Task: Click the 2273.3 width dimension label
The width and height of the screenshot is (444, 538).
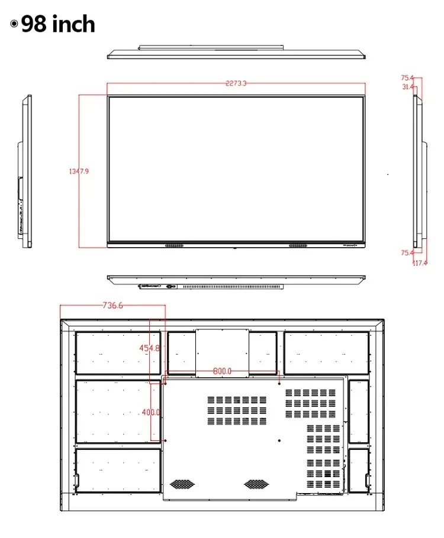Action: [x=236, y=83]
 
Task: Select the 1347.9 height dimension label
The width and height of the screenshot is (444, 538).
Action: [x=79, y=171]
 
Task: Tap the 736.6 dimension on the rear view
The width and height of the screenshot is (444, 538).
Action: [x=112, y=305]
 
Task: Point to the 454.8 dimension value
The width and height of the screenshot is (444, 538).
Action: [x=150, y=348]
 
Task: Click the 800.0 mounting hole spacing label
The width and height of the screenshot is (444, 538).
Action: [x=222, y=371]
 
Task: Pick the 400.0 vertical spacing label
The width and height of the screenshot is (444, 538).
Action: [x=151, y=412]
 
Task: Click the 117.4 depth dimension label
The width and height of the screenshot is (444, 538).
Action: [x=420, y=263]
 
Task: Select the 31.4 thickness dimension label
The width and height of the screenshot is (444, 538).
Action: [x=407, y=87]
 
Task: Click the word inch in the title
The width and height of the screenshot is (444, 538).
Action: [x=73, y=24]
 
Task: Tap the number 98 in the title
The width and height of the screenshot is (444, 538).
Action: [x=34, y=24]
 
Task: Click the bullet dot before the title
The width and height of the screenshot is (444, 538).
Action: [x=14, y=24]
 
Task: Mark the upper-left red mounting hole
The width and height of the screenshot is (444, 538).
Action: [x=165, y=383]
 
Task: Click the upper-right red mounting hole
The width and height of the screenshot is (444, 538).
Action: [x=279, y=383]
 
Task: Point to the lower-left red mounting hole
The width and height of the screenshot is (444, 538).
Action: [x=165, y=440]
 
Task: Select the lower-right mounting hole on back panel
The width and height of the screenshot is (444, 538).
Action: [x=279, y=440]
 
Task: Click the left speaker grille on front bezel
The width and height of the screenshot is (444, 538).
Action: [x=174, y=245]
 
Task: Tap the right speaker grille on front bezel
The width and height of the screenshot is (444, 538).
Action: [x=298, y=245]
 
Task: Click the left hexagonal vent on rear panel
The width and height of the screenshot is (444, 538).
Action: [x=182, y=484]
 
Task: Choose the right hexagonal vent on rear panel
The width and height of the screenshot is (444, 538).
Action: [x=256, y=484]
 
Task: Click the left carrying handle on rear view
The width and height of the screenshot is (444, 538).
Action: [x=76, y=480]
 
